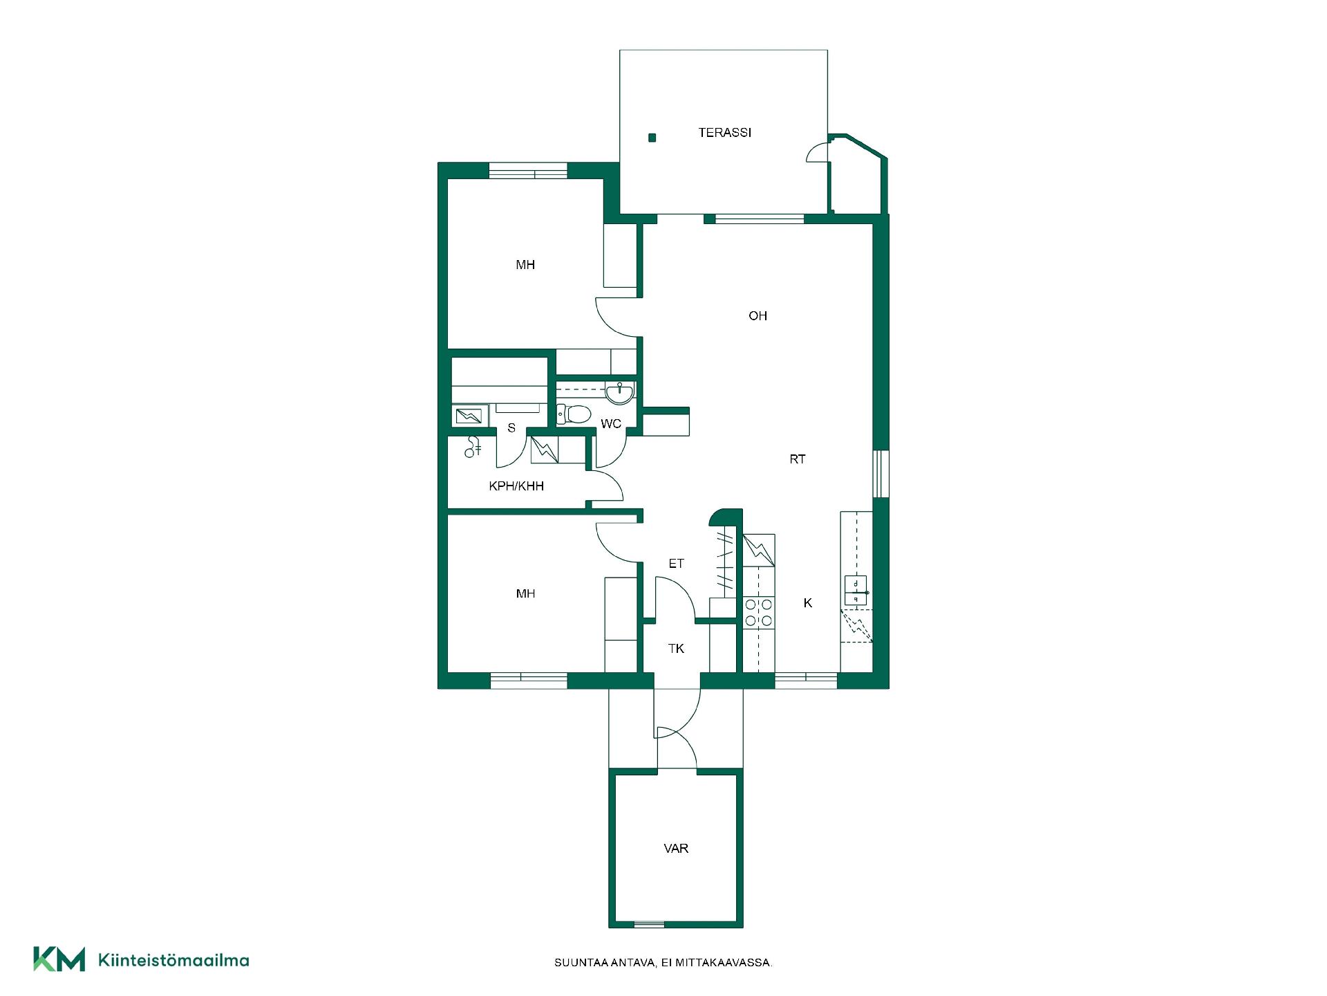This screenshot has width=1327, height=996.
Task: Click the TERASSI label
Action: (724, 132)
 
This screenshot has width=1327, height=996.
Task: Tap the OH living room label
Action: (757, 315)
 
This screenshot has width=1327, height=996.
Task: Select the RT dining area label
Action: (798, 459)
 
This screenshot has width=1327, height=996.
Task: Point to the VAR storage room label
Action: (676, 848)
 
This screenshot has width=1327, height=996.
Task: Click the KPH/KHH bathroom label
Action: (516, 486)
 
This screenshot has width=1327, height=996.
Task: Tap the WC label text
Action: (611, 423)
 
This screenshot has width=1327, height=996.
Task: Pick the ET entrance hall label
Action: (676, 564)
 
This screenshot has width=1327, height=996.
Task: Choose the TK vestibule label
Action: (676, 648)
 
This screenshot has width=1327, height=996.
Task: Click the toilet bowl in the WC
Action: (574, 414)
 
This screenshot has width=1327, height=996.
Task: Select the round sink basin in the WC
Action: (619, 393)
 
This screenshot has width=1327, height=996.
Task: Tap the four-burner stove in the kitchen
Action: (758, 613)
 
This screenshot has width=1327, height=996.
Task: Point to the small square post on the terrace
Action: (652, 138)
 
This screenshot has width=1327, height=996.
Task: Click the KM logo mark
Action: (59, 959)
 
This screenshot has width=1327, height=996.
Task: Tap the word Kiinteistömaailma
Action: (173, 960)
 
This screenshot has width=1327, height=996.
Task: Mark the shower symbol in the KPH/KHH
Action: (473, 448)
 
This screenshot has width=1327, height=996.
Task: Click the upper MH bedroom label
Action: (525, 264)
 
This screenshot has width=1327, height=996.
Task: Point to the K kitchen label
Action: (807, 603)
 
